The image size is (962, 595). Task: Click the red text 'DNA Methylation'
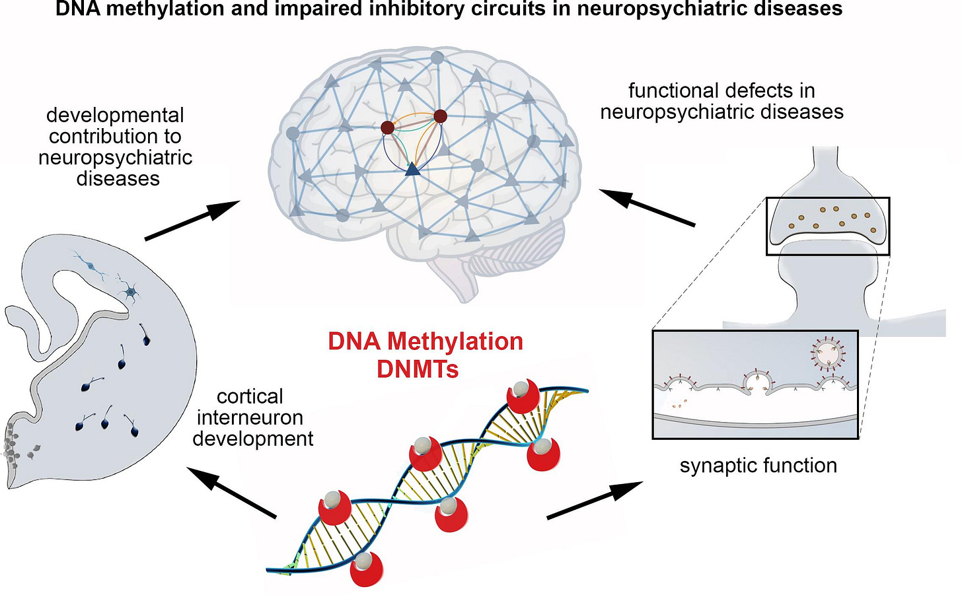pyautogui.click(x=425, y=341)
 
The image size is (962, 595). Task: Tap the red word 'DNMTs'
pyautogui.click(x=418, y=369)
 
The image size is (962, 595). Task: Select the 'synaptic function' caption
pyautogui.click(x=758, y=466)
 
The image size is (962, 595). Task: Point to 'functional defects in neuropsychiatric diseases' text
pyautogui.click(x=721, y=101)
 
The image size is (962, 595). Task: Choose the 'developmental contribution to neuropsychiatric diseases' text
pyautogui.click(x=116, y=147)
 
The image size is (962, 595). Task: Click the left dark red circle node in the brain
pyautogui.click(x=388, y=127)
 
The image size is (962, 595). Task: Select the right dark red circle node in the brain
pyautogui.click(x=440, y=117)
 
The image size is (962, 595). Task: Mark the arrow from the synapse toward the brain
pyautogui.click(x=647, y=207)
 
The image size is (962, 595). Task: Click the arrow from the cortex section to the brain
pyautogui.click(x=192, y=221)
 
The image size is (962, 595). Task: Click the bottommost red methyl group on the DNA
pyautogui.click(x=365, y=569)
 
